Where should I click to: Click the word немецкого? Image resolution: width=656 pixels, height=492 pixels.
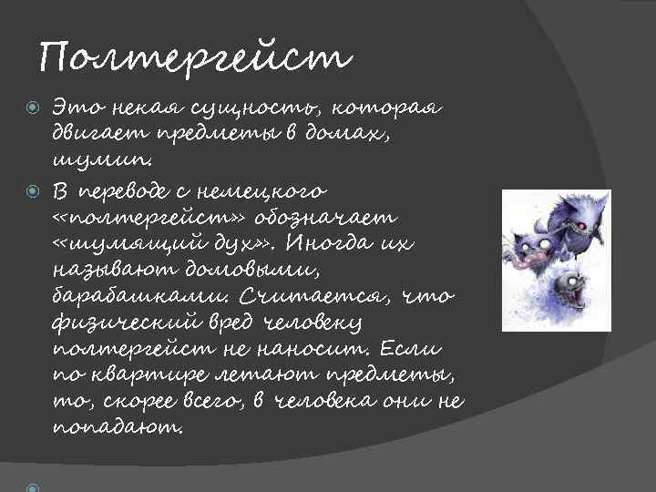[x=273, y=190]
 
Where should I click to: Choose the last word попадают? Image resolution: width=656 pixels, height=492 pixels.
[x=119, y=426]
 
